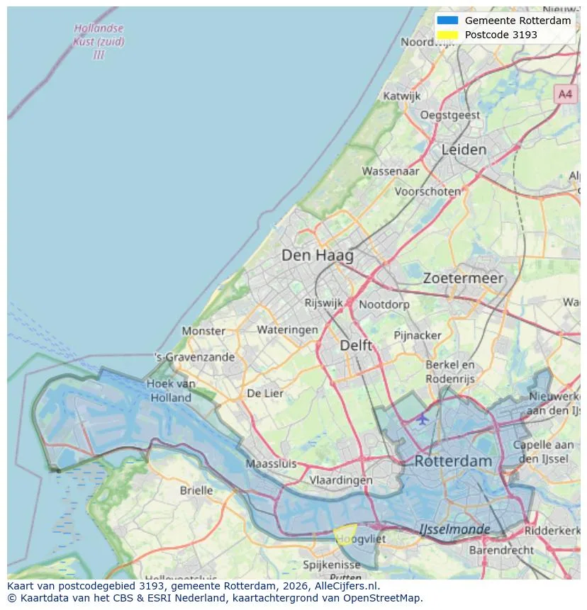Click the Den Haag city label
(x=317, y=255)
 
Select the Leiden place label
(x=464, y=149)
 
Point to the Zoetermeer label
(x=463, y=278)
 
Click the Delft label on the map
(x=356, y=345)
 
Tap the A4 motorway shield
(x=564, y=94)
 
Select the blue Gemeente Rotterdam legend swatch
(x=447, y=21)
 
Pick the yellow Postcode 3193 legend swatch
(x=447, y=35)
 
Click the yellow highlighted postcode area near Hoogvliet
(x=345, y=532)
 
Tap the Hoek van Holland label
(x=171, y=390)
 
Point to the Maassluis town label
(x=271, y=464)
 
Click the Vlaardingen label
(x=341, y=480)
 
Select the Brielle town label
(x=196, y=490)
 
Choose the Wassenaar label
(x=390, y=171)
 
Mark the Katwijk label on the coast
(x=402, y=96)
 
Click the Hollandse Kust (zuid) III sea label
(x=99, y=42)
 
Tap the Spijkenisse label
(x=332, y=565)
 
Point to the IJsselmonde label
(x=454, y=529)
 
